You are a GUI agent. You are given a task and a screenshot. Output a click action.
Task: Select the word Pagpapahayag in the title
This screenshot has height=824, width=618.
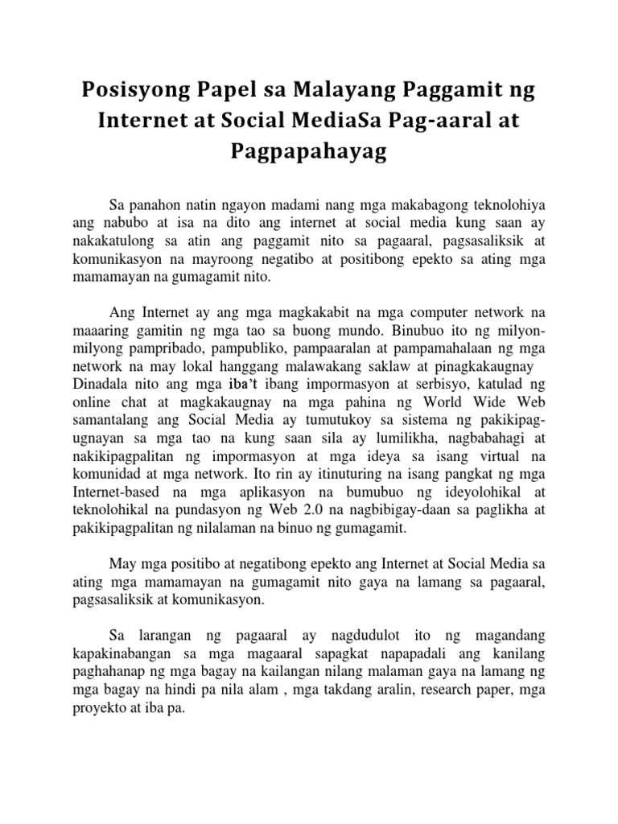point(308,152)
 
